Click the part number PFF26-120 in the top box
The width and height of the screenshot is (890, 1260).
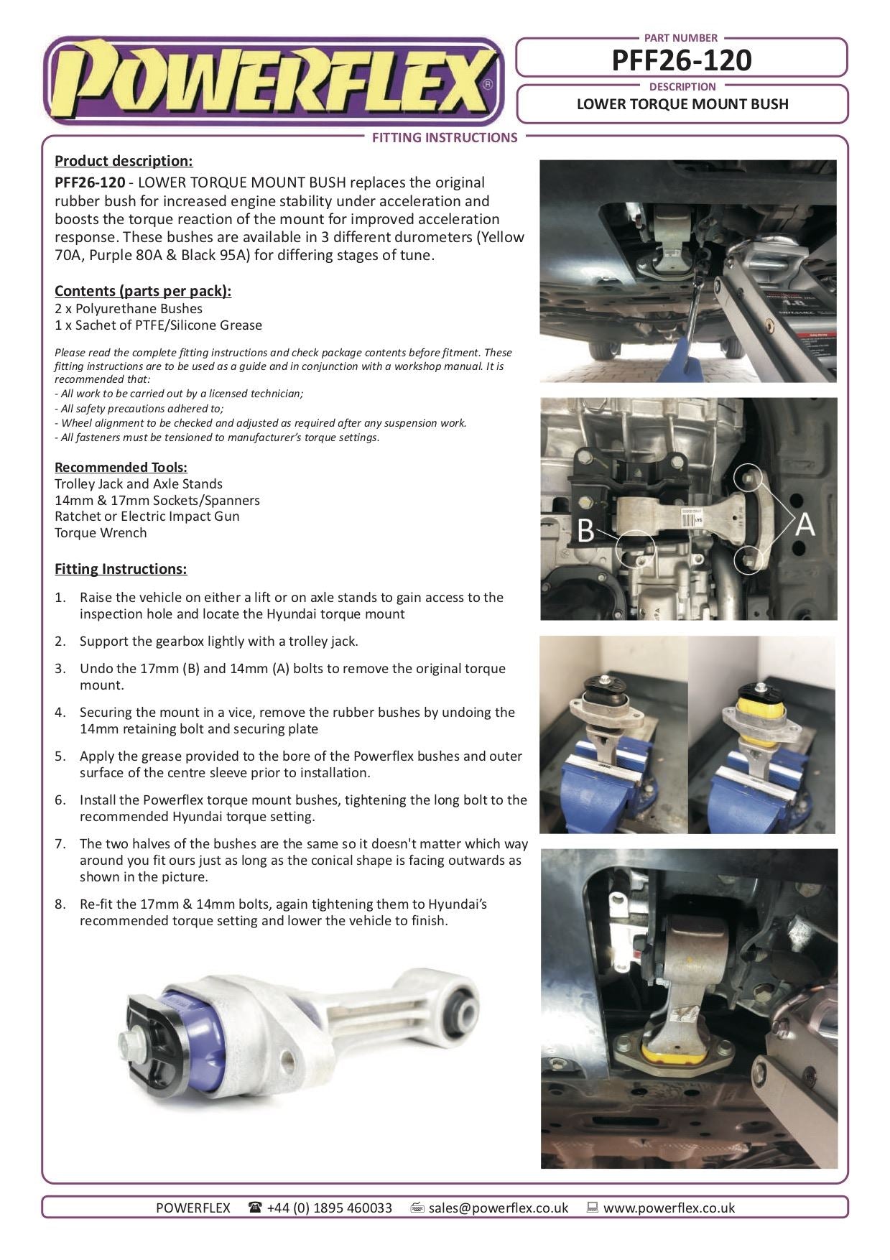point(681,60)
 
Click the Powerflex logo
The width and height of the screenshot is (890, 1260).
point(273,81)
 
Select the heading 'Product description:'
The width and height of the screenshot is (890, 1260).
point(124,161)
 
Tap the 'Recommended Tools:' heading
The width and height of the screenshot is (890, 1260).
point(121,468)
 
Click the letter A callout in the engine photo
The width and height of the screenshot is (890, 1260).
point(805,524)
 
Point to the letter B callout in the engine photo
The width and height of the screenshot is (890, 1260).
point(585,531)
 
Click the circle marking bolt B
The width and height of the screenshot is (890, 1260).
point(636,550)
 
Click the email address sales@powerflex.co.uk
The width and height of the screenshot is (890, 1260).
point(498,1208)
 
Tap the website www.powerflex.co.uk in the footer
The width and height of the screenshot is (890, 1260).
point(669,1208)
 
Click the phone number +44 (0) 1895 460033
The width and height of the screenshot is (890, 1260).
point(329,1208)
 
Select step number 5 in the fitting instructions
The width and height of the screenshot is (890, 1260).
point(60,756)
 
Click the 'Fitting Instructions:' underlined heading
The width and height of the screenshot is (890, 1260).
point(121,569)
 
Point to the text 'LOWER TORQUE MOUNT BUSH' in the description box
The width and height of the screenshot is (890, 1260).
point(682,104)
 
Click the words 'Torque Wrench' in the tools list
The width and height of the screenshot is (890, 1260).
point(101,533)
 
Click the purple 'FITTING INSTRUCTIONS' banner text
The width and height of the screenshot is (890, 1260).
point(444,138)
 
